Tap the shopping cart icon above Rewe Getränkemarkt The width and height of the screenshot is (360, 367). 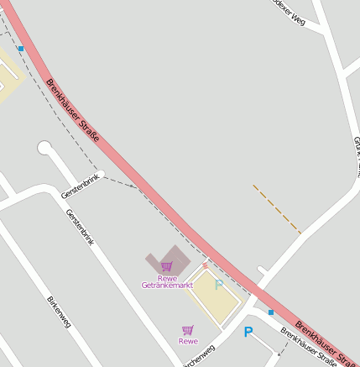(166, 266)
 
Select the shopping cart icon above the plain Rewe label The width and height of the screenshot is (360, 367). (187, 330)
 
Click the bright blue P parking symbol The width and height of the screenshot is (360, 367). (248, 332)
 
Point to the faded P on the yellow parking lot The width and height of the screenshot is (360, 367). (219, 286)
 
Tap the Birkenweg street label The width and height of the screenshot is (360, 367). (60, 312)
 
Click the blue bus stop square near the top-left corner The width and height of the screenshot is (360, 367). (20, 49)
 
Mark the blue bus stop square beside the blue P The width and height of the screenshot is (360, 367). (270, 312)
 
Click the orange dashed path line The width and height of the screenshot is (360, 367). (276, 208)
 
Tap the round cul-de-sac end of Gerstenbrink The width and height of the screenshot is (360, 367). (44, 148)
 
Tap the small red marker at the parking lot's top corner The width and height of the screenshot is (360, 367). (205, 265)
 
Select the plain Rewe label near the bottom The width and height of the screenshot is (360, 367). (188, 341)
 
